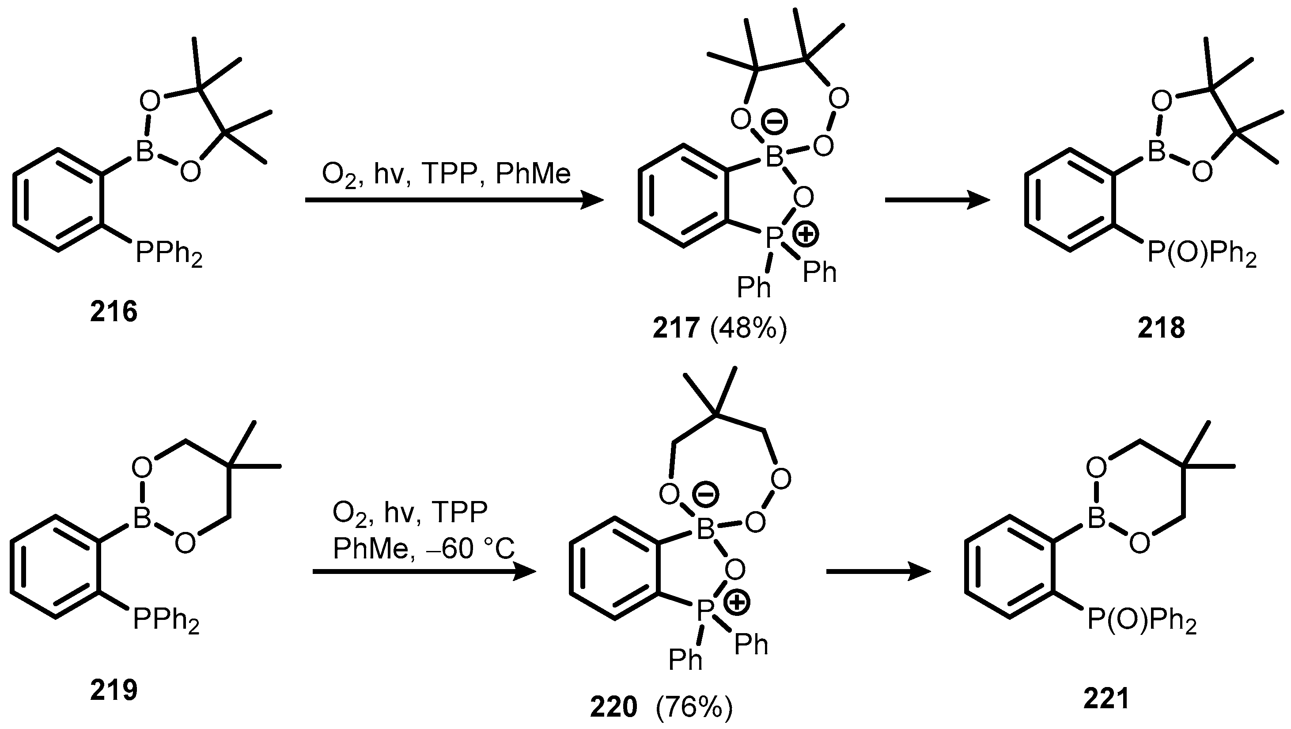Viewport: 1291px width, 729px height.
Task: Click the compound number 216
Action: click(x=114, y=312)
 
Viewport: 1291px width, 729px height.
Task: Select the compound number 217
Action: click(x=676, y=328)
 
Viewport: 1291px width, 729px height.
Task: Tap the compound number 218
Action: click(x=1161, y=328)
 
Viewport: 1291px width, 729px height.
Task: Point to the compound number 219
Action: click(x=114, y=691)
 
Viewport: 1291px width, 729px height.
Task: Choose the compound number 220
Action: click(x=613, y=707)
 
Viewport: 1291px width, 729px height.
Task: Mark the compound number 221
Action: click(x=1106, y=699)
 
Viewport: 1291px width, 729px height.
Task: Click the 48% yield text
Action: click(x=749, y=328)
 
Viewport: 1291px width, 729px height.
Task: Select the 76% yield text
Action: click(x=694, y=707)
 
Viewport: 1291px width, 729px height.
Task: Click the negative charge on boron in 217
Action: click(x=774, y=122)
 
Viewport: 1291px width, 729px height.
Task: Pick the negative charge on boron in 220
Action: click(x=706, y=494)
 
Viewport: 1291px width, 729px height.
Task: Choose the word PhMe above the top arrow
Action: click(x=533, y=174)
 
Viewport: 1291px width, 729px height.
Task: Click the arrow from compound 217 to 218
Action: click(x=937, y=200)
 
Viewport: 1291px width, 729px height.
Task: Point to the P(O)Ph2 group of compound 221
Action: click(x=1142, y=621)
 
